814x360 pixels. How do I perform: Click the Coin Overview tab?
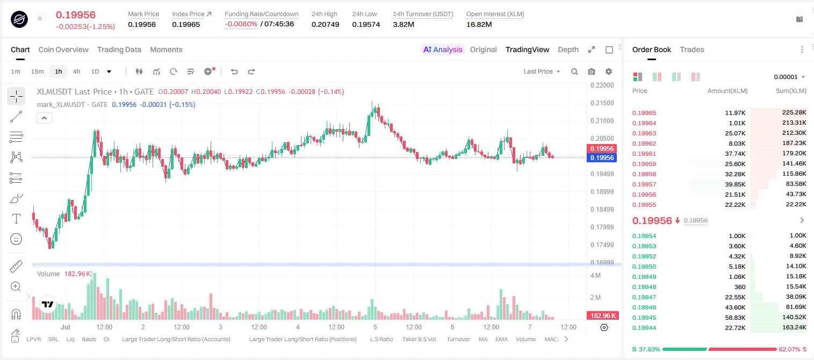point(63,50)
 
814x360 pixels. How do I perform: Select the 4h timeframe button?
point(76,71)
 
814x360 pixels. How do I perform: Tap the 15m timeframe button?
point(38,71)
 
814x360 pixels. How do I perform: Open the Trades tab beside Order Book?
point(692,50)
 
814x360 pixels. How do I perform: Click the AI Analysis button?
point(443,50)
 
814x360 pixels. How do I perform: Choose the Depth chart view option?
point(568,50)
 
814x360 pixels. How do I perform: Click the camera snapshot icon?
point(592,71)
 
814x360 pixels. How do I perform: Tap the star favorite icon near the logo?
point(40,18)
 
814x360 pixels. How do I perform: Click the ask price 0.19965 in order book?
point(644,113)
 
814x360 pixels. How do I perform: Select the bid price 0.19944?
point(644,328)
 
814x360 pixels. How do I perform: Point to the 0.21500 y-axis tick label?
point(602,103)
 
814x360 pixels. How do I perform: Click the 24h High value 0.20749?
point(325,24)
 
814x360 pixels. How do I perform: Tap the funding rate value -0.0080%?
point(241,24)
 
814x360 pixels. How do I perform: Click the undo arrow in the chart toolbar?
point(234,71)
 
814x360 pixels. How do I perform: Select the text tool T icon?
point(16,219)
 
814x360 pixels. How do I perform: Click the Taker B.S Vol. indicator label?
point(419,339)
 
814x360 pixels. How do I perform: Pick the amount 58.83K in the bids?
point(735,318)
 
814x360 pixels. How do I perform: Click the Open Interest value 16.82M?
point(479,24)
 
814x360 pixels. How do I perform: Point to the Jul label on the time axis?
point(66,327)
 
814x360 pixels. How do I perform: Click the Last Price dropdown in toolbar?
point(542,71)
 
